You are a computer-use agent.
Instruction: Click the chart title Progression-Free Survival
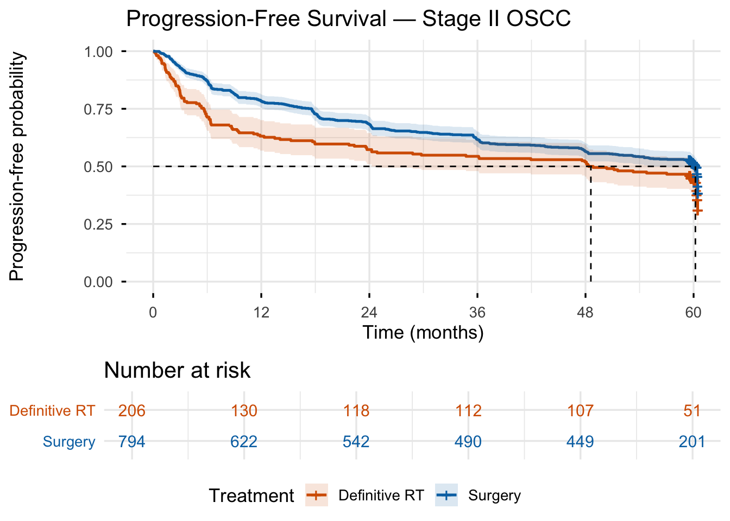[348, 19]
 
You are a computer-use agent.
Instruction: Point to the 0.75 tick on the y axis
[98, 109]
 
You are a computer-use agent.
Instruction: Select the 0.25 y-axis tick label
[98, 224]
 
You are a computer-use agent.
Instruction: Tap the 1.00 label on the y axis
[98, 52]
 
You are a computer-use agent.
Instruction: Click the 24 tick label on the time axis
[369, 313]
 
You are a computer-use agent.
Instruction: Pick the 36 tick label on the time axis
[477, 313]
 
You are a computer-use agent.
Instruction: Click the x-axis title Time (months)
[423, 332]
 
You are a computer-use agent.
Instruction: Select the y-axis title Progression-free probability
[17, 166]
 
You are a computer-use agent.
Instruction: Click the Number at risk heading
[177, 370]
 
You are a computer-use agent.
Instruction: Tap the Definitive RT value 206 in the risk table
[132, 410]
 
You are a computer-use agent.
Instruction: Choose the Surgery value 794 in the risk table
[132, 442]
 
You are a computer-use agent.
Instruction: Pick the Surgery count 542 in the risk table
[356, 442]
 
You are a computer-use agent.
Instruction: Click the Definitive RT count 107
[580, 410]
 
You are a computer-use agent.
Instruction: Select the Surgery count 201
[692, 442]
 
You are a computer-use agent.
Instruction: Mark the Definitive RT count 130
[244, 410]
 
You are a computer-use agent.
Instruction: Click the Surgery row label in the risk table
[69, 442]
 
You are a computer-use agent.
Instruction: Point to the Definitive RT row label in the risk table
[52, 410]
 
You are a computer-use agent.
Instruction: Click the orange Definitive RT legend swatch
[317, 495]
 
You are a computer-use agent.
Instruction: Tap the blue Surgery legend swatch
[446, 495]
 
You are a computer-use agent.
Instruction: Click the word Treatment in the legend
[251, 495]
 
